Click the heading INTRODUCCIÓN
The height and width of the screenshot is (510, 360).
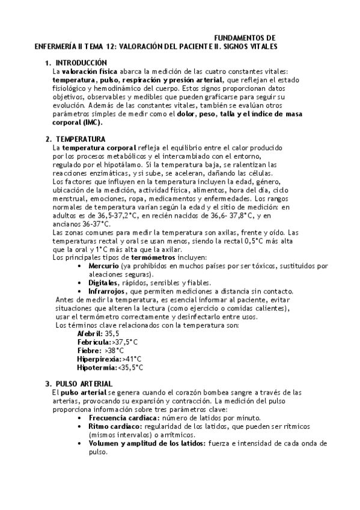(x=81, y=63)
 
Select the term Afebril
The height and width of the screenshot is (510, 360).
(x=90, y=333)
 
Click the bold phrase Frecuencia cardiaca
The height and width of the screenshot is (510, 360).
(x=124, y=417)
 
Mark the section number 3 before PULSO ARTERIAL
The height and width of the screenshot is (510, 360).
(x=47, y=384)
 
